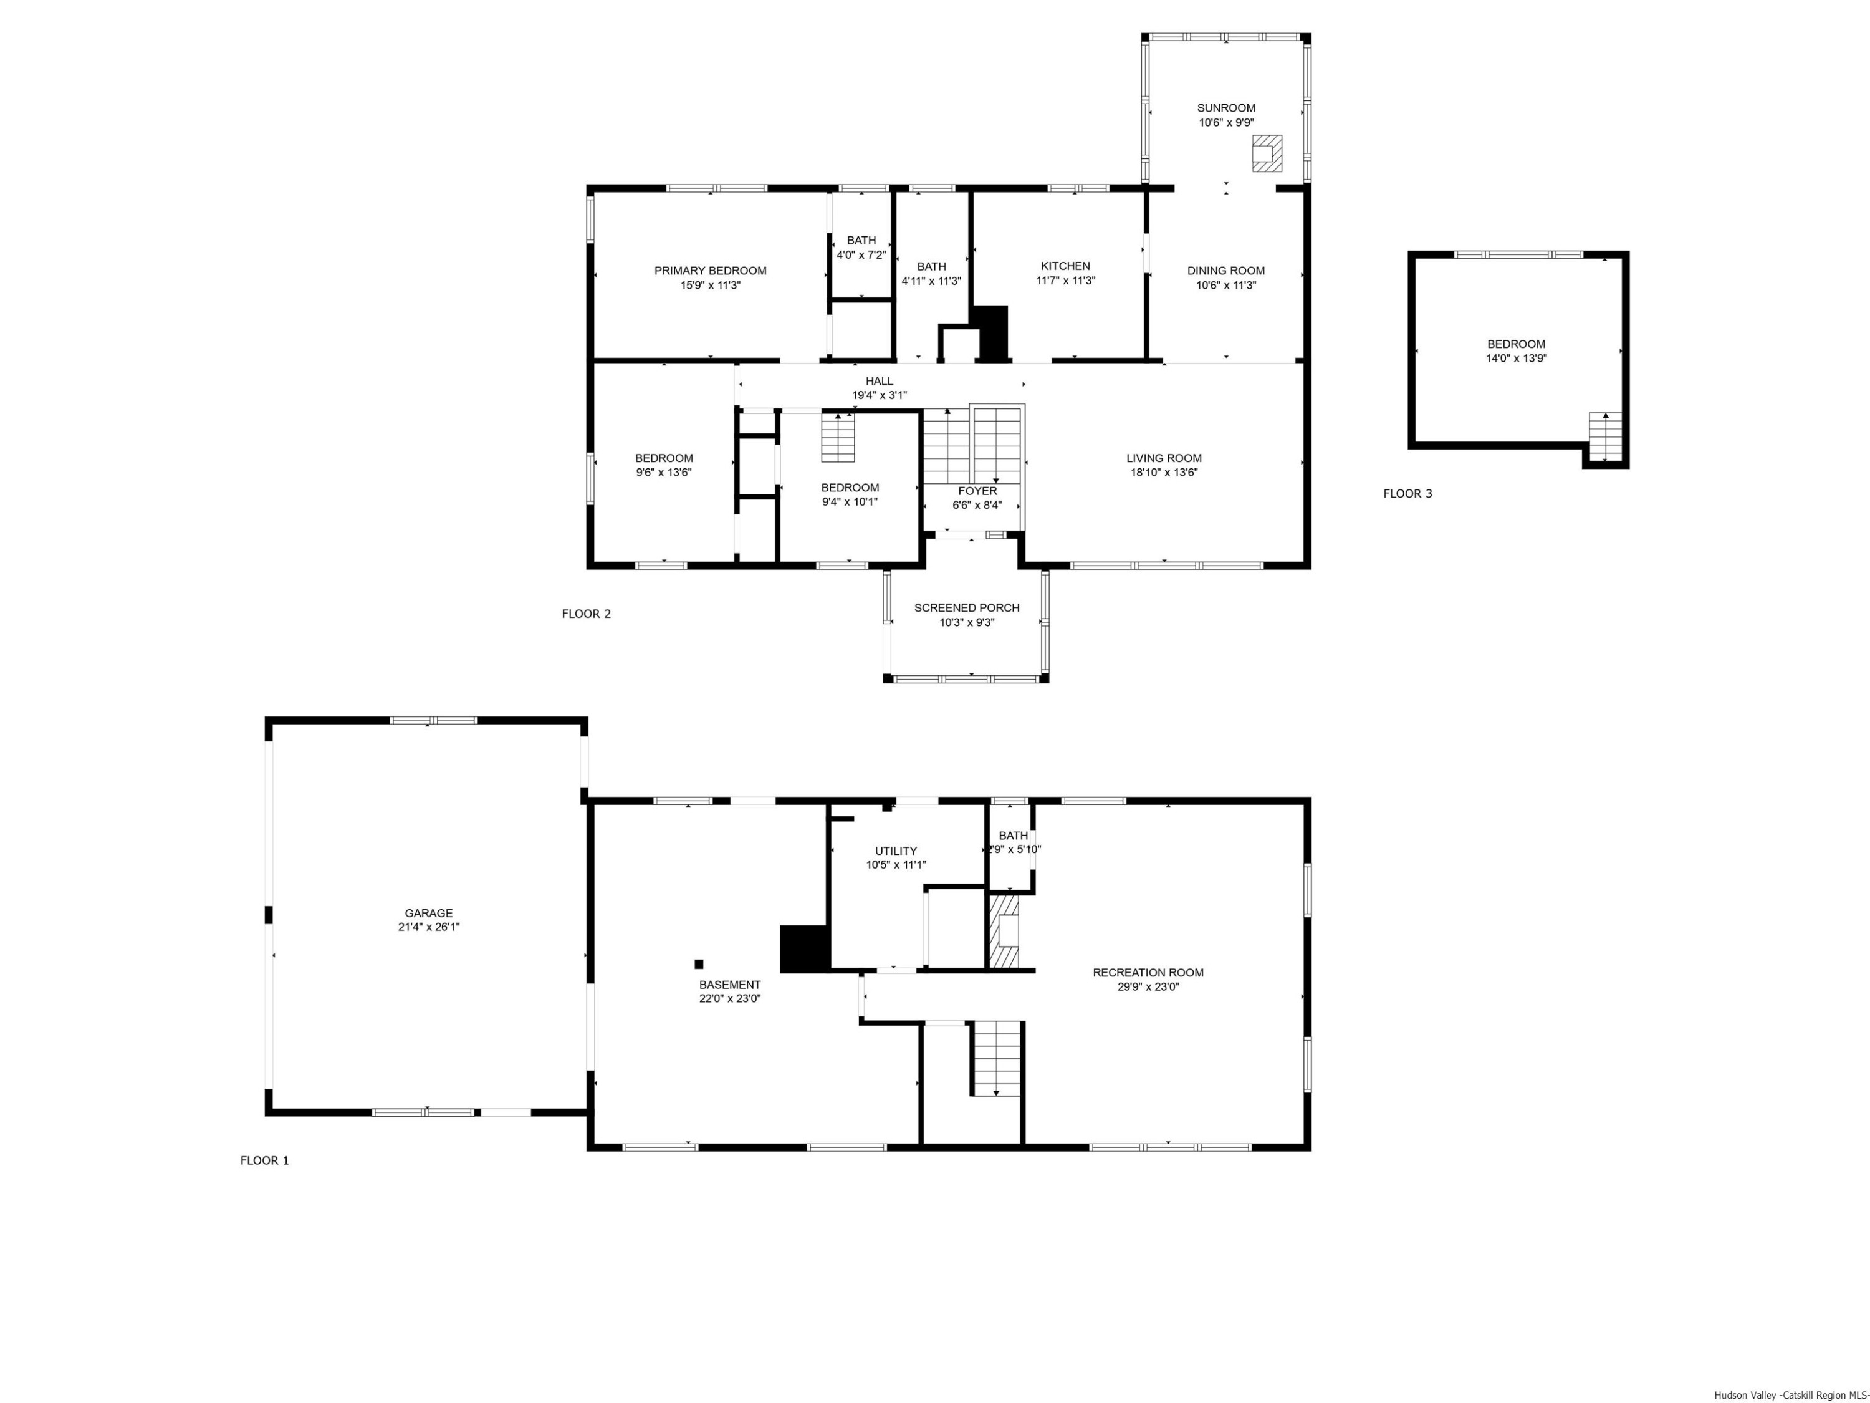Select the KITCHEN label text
point(1065,266)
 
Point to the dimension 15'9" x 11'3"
point(710,286)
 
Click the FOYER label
point(977,491)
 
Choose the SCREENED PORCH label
point(966,608)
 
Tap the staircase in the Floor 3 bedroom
point(1605,436)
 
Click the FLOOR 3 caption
point(1407,494)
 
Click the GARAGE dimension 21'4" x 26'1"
point(429,927)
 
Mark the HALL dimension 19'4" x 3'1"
point(879,395)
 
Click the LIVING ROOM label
point(1164,458)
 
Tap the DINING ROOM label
point(1226,271)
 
